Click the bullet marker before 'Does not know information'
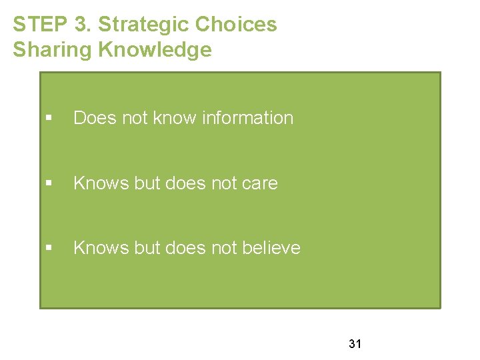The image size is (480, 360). tap(49, 118)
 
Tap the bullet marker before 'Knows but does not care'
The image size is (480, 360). tap(49, 183)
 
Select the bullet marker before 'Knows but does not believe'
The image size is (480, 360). tap(49, 248)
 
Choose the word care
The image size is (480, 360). tap(260, 183)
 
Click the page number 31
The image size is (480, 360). tap(355, 344)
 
